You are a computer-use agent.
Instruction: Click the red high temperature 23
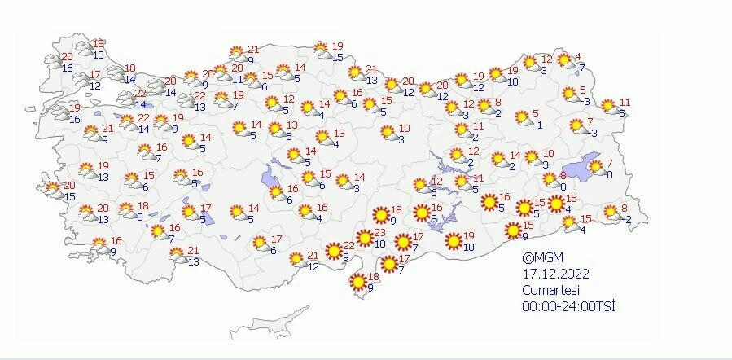379,233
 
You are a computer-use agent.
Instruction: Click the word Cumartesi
548,289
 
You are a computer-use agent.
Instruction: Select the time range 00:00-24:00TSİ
568,305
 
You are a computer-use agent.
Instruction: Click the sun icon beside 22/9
333,250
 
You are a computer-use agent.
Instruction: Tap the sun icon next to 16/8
422,213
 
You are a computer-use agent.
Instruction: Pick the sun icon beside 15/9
512,231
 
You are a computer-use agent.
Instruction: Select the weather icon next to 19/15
322,51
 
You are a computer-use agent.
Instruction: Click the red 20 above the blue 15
69,187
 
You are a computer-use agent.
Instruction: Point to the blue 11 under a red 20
237,79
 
